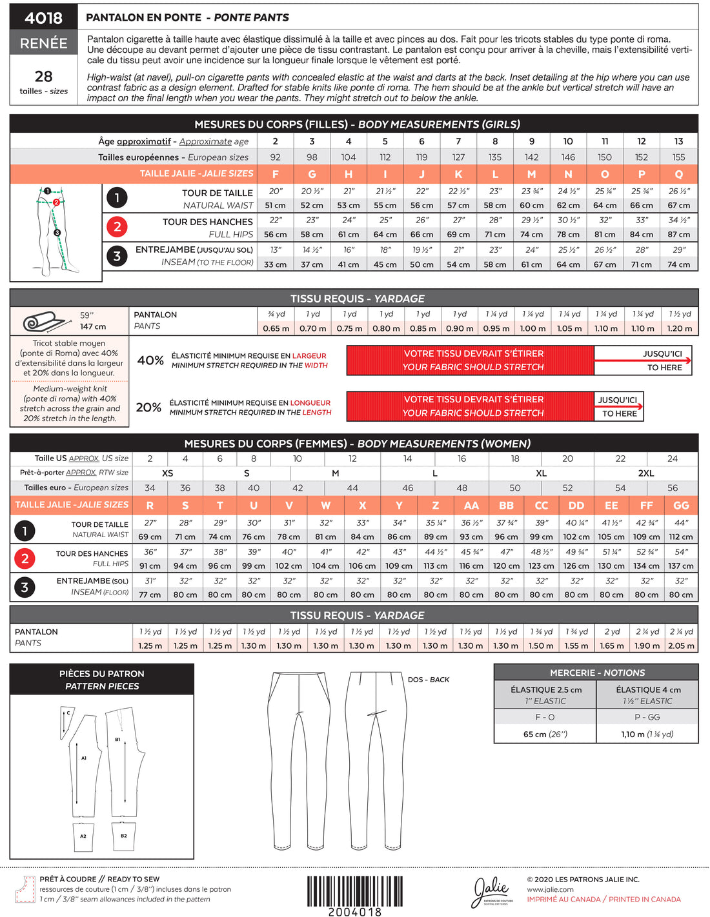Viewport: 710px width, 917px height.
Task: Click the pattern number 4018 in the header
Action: tap(43, 17)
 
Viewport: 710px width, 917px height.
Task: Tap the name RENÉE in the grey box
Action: tap(43, 43)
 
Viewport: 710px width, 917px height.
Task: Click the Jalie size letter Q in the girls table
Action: tap(678, 174)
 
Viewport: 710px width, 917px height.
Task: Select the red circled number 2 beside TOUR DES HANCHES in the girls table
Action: tap(117, 226)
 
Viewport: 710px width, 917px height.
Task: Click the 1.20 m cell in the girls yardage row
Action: tap(679, 328)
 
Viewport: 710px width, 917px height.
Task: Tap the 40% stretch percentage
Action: tap(150, 360)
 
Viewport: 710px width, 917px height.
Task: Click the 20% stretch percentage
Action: tap(148, 408)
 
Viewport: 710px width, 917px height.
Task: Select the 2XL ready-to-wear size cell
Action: tap(645, 473)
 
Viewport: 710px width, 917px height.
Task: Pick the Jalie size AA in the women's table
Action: tap(471, 506)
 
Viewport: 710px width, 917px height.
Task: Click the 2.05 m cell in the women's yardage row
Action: tap(681, 646)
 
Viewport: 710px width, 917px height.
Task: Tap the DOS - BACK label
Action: tap(428, 680)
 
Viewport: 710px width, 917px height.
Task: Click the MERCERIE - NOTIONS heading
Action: tap(596, 673)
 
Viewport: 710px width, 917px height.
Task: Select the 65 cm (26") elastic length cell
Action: tap(545, 734)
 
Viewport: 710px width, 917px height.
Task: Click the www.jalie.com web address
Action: tap(550, 889)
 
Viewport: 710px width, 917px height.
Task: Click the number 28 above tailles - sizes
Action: tap(43, 76)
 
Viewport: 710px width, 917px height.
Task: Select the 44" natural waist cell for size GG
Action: tap(681, 522)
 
